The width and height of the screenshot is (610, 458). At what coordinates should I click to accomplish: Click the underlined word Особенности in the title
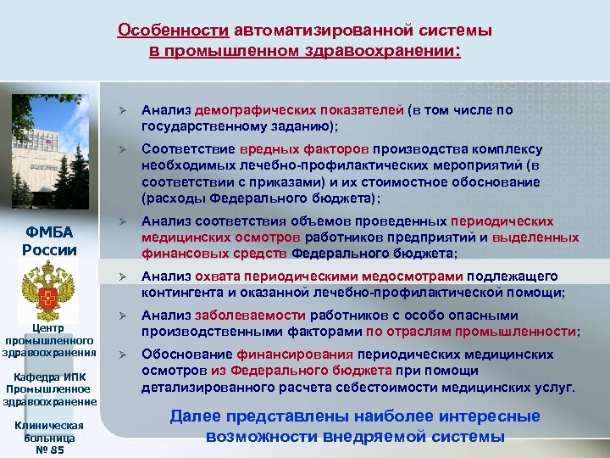pos(172,31)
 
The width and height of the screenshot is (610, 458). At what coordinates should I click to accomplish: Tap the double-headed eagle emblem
pos(50,288)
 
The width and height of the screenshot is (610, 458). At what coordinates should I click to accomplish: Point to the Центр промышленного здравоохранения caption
pos(50,339)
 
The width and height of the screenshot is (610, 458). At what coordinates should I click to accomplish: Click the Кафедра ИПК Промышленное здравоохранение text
pos(50,389)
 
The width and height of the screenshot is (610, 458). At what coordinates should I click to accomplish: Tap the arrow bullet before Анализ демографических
pos(123,111)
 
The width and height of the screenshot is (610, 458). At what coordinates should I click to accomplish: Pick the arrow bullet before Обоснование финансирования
pos(123,355)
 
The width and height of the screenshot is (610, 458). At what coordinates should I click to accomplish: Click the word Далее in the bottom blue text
pos(196,416)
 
